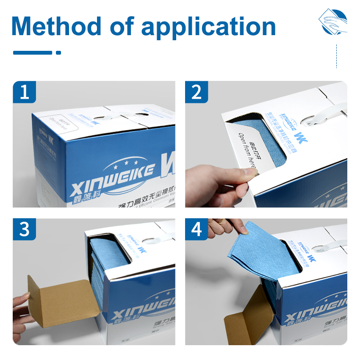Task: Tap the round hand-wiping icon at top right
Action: [x=333, y=21]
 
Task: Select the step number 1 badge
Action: [x=25, y=92]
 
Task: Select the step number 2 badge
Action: [x=197, y=92]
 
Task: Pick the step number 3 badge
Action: [x=25, y=230]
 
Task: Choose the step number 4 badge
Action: [x=197, y=230]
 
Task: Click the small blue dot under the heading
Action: [x=58, y=53]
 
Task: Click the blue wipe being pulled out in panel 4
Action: [x=258, y=254]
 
